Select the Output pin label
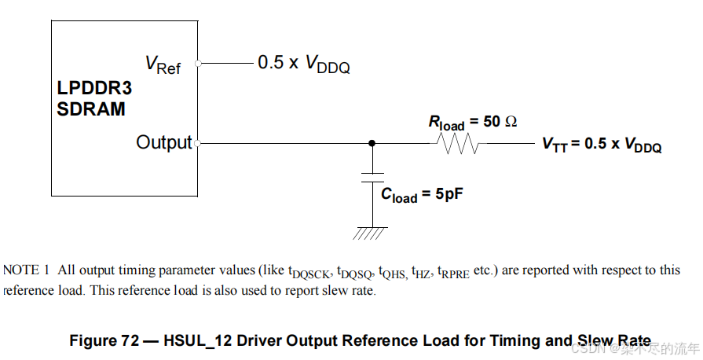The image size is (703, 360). coord(163,142)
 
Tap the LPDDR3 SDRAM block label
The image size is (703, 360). coord(94,98)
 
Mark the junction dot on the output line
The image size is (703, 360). coord(372,144)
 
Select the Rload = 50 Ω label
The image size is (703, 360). coord(472,123)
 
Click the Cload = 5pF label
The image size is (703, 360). coord(421,195)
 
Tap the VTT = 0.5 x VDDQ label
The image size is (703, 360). coord(602,145)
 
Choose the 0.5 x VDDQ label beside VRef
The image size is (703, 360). coord(304,64)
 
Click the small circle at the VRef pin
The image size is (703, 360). coord(198,63)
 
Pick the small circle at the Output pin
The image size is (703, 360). coord(197,143)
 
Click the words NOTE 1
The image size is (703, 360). coord(27,270)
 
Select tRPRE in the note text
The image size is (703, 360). coord(453,272)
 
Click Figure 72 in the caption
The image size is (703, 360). coord(106,341)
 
